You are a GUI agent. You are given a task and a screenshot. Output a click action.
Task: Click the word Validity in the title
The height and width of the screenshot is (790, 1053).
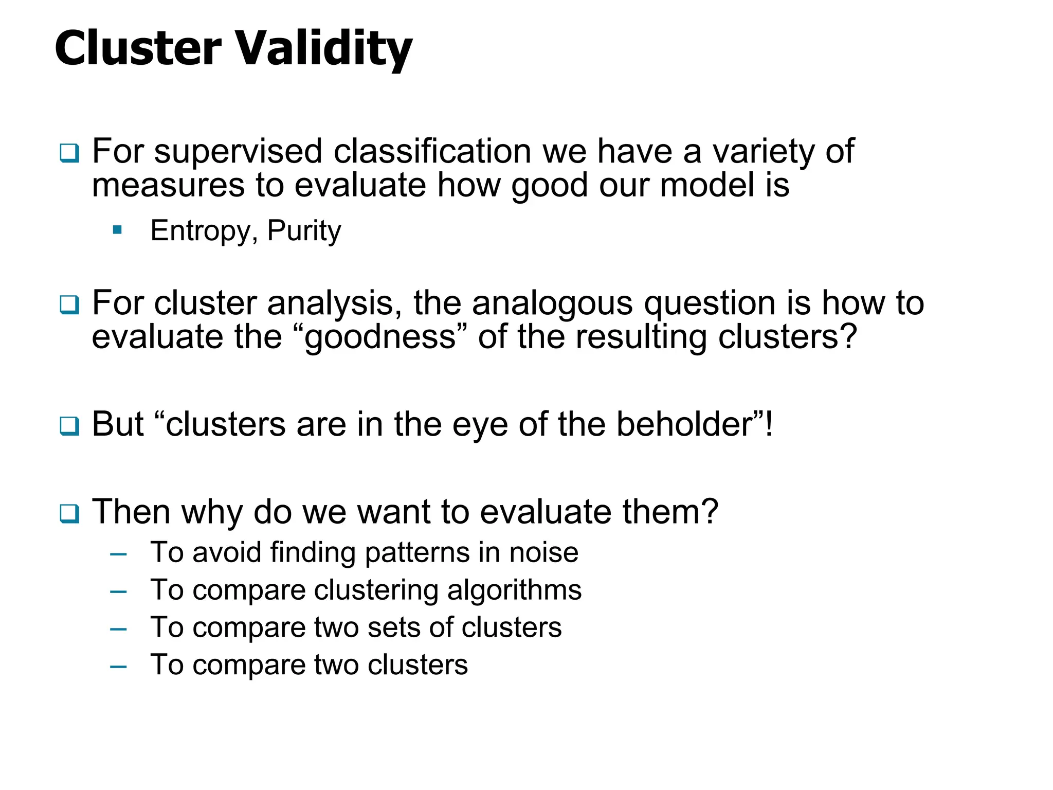click(324, 49)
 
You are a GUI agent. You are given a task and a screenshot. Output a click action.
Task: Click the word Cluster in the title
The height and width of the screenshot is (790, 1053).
click(138, 49)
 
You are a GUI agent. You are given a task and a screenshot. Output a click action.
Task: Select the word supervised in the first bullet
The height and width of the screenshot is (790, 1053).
click(239, 152)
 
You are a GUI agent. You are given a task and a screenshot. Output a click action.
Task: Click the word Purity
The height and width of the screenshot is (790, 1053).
click(304, 231)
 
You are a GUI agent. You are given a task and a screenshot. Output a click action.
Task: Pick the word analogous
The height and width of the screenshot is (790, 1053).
click(552, 303)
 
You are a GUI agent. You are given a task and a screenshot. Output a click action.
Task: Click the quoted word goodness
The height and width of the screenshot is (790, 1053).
click(380, 337)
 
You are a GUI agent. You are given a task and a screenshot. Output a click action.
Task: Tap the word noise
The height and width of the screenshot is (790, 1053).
click(543, 552)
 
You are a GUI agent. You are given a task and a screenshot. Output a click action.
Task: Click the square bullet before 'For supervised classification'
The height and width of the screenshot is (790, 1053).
click(69, 153)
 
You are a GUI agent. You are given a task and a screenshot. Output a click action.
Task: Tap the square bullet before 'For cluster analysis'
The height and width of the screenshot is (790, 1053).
click(69, 304)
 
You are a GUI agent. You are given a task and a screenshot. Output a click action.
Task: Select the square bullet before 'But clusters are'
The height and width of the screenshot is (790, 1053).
click(69, 426)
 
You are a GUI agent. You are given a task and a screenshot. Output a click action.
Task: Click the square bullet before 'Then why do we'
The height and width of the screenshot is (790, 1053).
click(69, 513)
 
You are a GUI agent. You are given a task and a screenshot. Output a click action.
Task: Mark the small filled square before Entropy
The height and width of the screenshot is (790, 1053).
click(117, 230)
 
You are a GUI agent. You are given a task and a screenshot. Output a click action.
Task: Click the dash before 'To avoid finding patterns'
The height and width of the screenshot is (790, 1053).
click(118, 554)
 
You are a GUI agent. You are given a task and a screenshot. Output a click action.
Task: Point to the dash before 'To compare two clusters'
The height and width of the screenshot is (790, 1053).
click(118, 667)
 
